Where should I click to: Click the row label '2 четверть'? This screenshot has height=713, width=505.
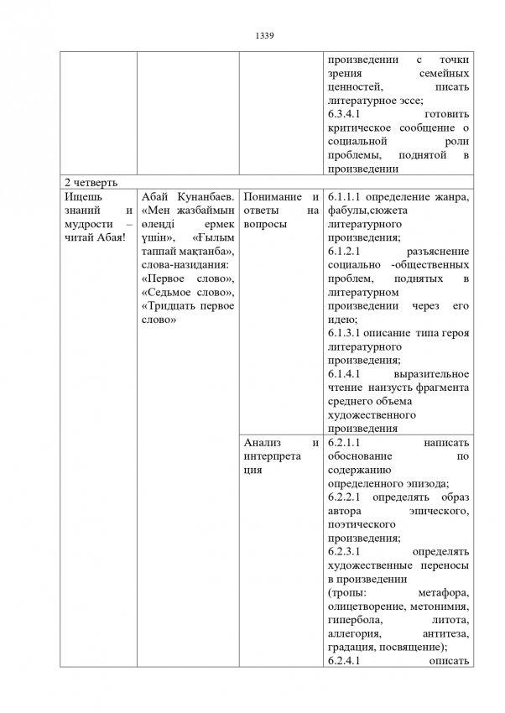(x=86, y=182)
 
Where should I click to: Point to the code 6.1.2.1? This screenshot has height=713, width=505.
(x=342, y=251)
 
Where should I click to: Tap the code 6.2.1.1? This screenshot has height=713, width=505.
(x=342, y=442)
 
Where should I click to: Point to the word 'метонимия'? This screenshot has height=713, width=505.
(x=439, y=606)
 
